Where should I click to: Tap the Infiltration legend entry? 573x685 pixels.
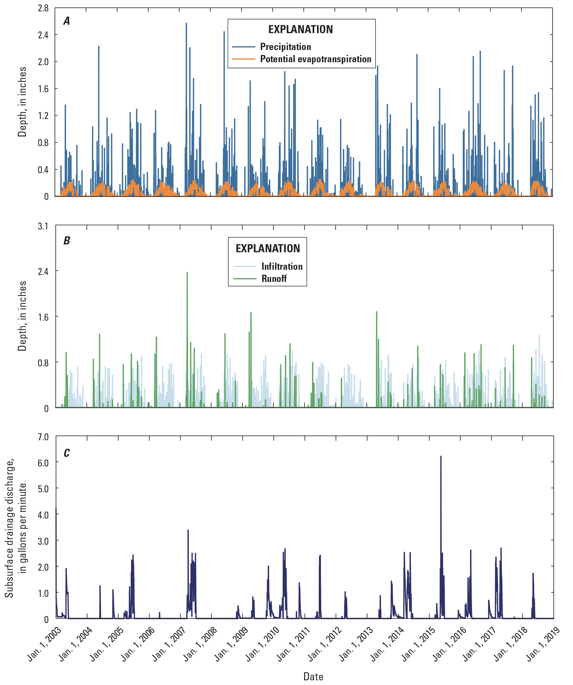(282, 266)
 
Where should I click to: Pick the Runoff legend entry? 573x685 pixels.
(274, 278)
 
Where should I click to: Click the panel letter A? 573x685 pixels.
(67, 21)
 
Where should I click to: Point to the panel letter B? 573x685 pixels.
(67, 241)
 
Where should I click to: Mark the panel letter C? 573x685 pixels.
(67, 453)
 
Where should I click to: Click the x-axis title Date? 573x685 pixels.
(313, 676)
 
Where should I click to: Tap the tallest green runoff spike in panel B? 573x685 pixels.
(187, 272)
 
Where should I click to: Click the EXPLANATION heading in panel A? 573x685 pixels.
(300, 29)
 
